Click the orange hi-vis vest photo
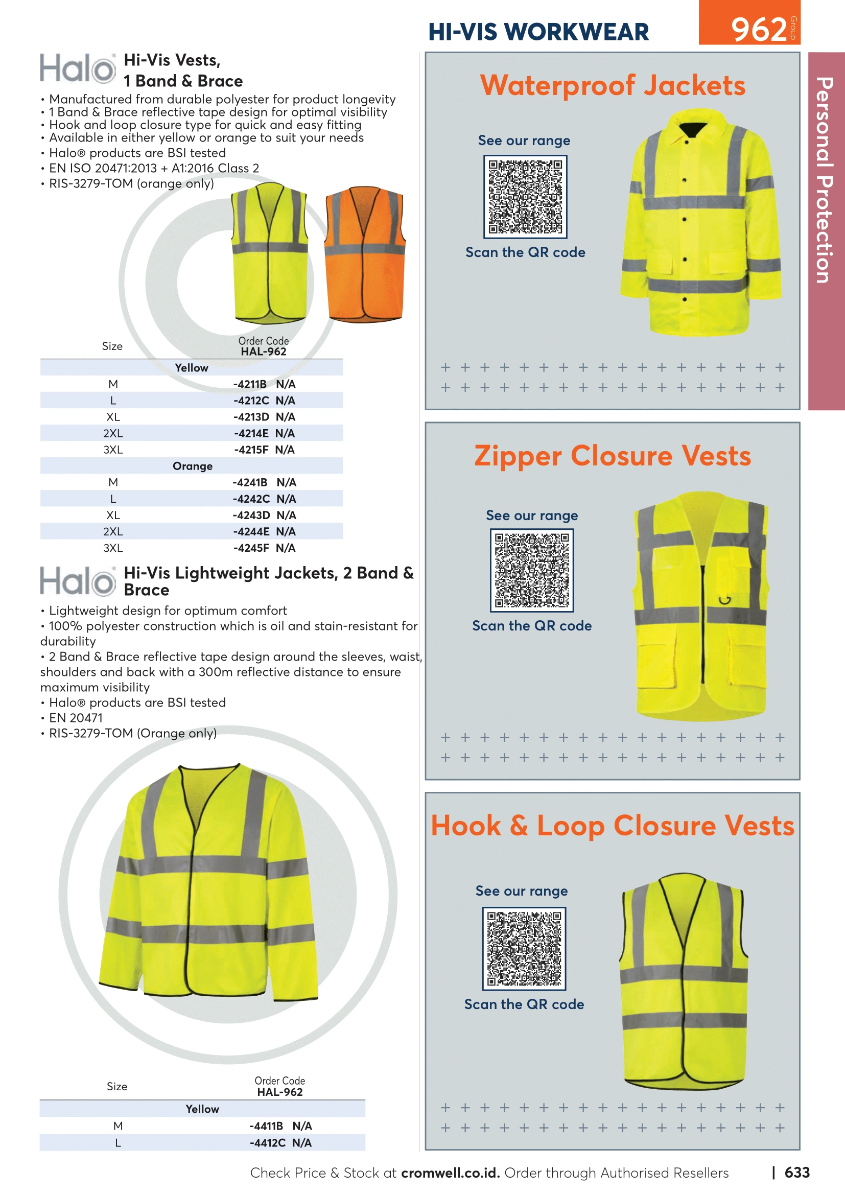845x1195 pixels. point(364,254)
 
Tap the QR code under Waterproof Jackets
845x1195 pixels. point(525,197)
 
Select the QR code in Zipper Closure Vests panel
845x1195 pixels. point(532,571)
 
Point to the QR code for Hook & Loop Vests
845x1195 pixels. point(524,948)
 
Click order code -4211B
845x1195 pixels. point(250,384)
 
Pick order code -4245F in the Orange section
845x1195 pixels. point(251,548)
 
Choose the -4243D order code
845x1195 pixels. point(251,515)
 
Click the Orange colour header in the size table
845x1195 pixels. point(193,466)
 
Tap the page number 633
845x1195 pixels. point(796,1172)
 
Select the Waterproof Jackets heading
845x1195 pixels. point(613,85)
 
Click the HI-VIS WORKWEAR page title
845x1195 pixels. point(538,32)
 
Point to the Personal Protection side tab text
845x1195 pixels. point(825,180)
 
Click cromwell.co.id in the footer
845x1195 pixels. point(451,1173)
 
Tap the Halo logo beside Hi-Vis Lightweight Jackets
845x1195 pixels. point(78,581)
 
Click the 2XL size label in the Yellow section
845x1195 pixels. point(113,433)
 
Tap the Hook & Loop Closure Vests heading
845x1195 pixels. point(613,826)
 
